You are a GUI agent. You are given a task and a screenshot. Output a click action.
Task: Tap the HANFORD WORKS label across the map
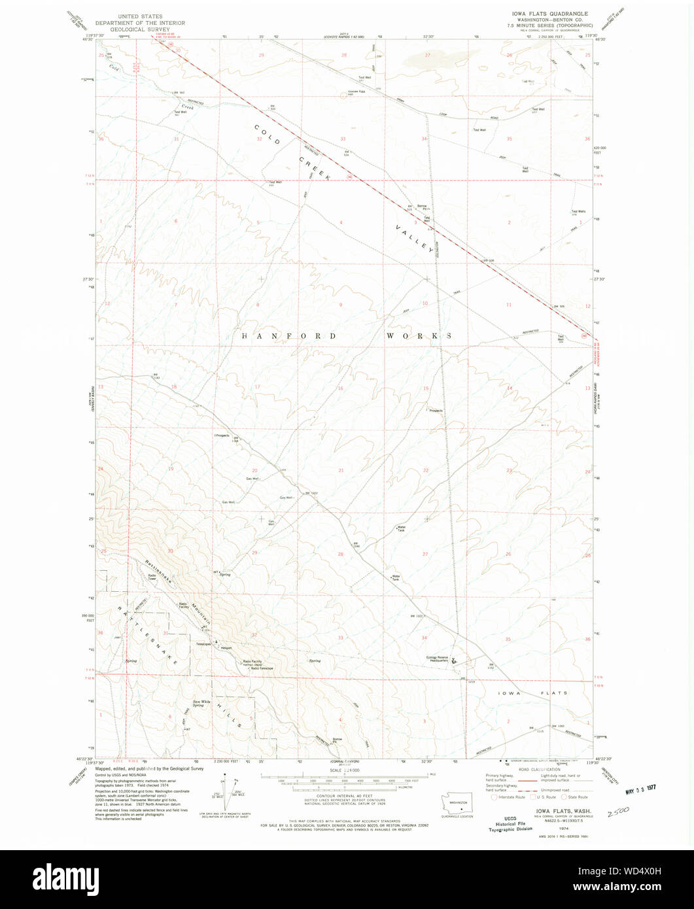coord(347,336)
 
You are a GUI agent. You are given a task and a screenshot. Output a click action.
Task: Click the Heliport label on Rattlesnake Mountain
coord(226,648)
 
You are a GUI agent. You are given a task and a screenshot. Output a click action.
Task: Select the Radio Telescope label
coord(261,668)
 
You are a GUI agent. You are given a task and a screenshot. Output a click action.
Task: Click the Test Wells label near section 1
coord(578,211)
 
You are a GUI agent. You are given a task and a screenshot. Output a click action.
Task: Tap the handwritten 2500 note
coord(618,813)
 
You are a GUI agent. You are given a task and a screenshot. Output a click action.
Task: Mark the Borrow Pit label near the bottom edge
coord(338,740)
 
